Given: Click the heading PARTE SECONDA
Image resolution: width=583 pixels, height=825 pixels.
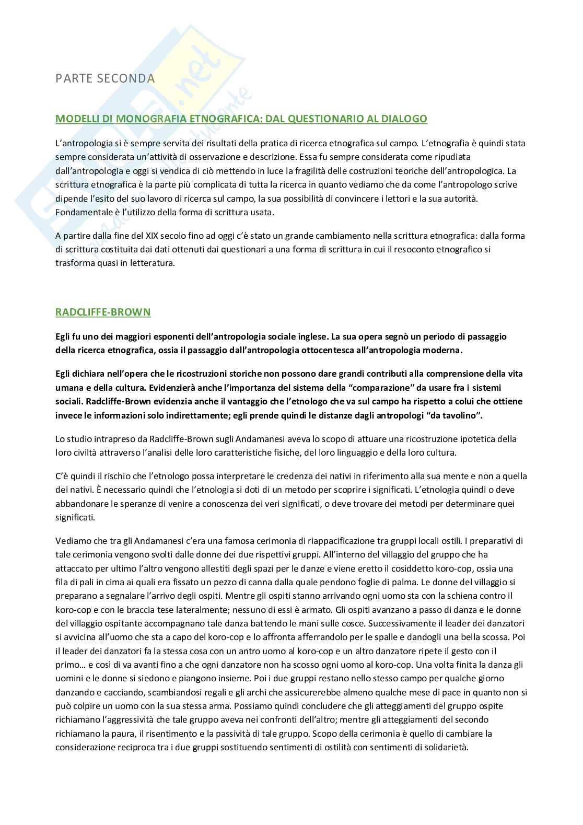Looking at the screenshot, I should [x=105, y=78].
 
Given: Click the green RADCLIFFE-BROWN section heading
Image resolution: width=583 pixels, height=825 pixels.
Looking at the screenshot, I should [x=103, y=312].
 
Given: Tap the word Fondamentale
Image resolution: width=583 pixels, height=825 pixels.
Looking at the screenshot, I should [x=80, y=212].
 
